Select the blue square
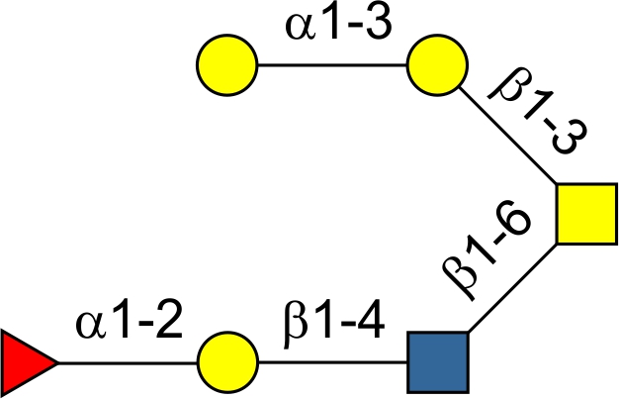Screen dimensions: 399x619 coord(437,362)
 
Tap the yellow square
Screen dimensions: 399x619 coord(585,214)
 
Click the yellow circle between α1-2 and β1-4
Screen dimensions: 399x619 coord(227,362)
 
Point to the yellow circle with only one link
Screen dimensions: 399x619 coord(227,66)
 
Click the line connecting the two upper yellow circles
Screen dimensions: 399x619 coord(332,66)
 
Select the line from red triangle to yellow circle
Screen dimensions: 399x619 coord(129,362)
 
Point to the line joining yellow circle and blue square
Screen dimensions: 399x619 coord(332,362)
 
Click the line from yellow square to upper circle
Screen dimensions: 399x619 coord(506,135)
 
